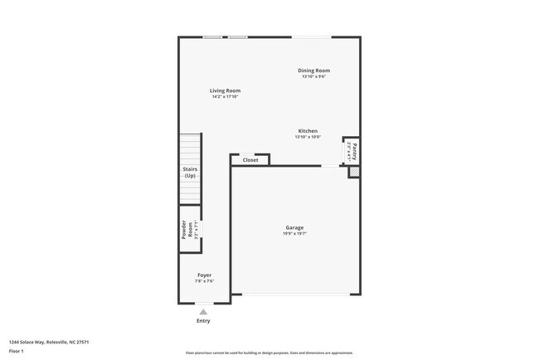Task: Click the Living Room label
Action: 225,90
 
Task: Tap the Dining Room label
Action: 314,71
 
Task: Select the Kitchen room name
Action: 308,131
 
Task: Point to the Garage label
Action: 294,227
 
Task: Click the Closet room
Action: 250,160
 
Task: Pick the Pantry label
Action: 355,151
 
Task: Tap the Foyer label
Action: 204,275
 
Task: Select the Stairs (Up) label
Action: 190,173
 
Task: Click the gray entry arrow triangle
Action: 203,312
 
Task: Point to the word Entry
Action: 203,321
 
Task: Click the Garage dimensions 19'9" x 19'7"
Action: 294,234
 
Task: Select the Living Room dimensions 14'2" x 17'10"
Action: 225,97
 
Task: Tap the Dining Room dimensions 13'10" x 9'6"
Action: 314,77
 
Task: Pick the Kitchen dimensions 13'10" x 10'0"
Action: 308,138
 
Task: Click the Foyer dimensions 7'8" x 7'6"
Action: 204,281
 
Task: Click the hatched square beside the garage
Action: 354,172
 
